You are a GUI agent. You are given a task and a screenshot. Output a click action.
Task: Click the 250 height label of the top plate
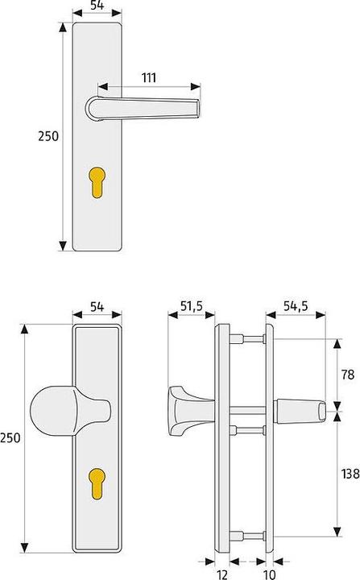[x=48, y=136]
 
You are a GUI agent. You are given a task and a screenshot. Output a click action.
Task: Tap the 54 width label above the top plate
[x=97, y=6]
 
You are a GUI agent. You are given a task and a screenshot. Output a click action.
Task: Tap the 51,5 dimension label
[x=190, y=307]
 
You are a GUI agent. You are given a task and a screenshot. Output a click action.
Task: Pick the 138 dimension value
[x=350, y=474]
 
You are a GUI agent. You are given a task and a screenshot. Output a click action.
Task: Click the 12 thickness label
[x=222, y=574]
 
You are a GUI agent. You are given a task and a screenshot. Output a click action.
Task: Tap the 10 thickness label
[x=269, y=574]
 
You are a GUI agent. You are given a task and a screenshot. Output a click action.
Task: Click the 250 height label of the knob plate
[x=10, y=437]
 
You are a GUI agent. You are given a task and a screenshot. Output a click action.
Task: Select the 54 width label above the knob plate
[x=97, y=307]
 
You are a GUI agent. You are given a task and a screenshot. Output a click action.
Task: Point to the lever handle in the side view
[x=302, y=411]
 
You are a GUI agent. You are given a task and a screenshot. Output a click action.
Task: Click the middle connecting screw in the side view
[x=247, y=429]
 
